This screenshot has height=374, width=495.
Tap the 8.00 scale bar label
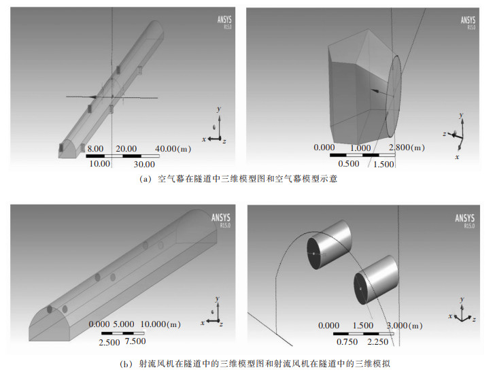point(95,149)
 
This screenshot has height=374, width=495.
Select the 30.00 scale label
point(143,164)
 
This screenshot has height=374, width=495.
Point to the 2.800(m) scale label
point(407,148)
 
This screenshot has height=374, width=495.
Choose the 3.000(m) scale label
point(407,326)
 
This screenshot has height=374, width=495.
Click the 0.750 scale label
point(347,341)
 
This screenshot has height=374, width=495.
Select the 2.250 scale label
point(389,341)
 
